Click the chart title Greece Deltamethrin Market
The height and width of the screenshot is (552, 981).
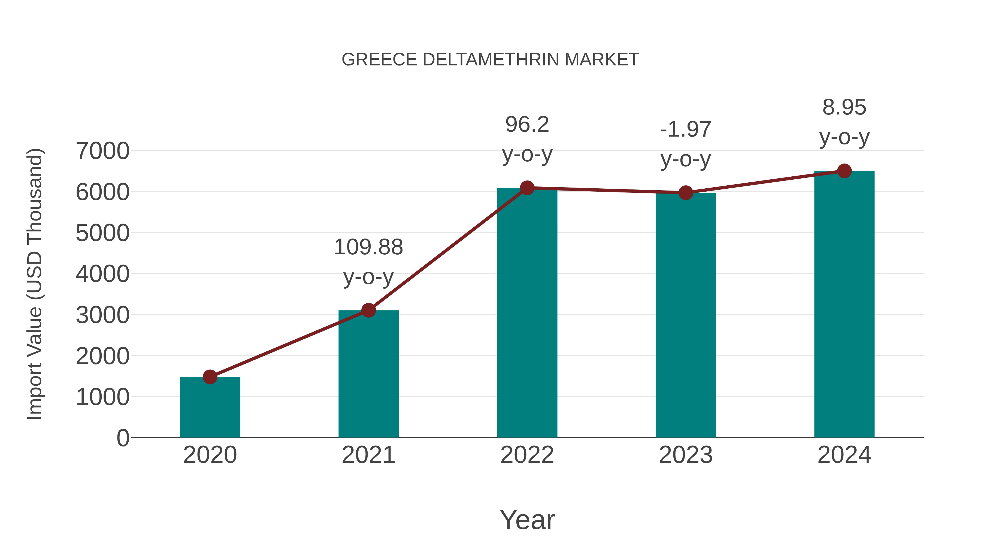click(x=490, y=60)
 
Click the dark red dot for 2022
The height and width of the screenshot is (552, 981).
click(x=527, y=188)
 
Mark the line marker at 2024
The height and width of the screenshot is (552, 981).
click(x=844, y=171)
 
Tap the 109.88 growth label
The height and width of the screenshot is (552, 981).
click(x=368, y=247)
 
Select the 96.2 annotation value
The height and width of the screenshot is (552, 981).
click(x=527, y=125)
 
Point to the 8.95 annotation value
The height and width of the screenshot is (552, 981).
click(x=844, y=107)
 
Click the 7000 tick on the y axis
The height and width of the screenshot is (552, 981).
click(x=102, y=151)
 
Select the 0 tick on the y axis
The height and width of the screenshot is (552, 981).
click(x=123, y=438)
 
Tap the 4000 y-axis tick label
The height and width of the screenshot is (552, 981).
click(x=102, y=274)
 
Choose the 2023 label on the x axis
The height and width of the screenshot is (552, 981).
click(x=686, y=455)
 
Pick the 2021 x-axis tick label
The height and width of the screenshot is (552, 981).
click(x=368, y=455)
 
